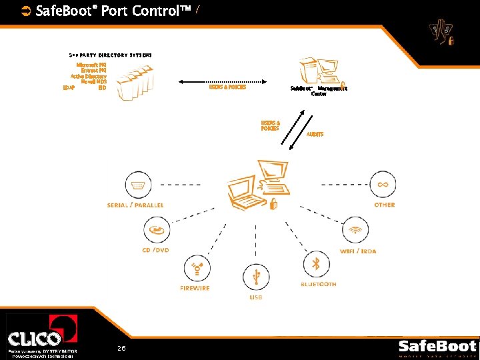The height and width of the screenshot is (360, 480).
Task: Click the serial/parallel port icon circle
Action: coord(138,185)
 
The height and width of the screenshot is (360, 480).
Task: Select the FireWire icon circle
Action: coord(197,269)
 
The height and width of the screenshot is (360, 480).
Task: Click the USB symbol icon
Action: coord(256,277)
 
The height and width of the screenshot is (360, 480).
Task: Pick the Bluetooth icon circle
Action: coord(317,265)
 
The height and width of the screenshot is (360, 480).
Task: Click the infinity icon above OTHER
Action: coord(383,184)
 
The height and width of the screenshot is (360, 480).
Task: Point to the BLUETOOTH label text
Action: coord(318,285)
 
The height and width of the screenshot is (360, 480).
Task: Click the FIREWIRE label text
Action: coord(195,288)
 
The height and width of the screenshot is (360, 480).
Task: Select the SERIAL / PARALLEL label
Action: coord(135,205)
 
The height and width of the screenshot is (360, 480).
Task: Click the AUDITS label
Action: coord(315,135)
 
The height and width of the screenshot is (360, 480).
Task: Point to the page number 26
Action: coord(121,349)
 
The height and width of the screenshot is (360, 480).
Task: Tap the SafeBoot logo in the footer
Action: coord(437,347)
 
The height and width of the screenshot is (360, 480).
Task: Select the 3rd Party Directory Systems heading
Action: coord(111,55)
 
